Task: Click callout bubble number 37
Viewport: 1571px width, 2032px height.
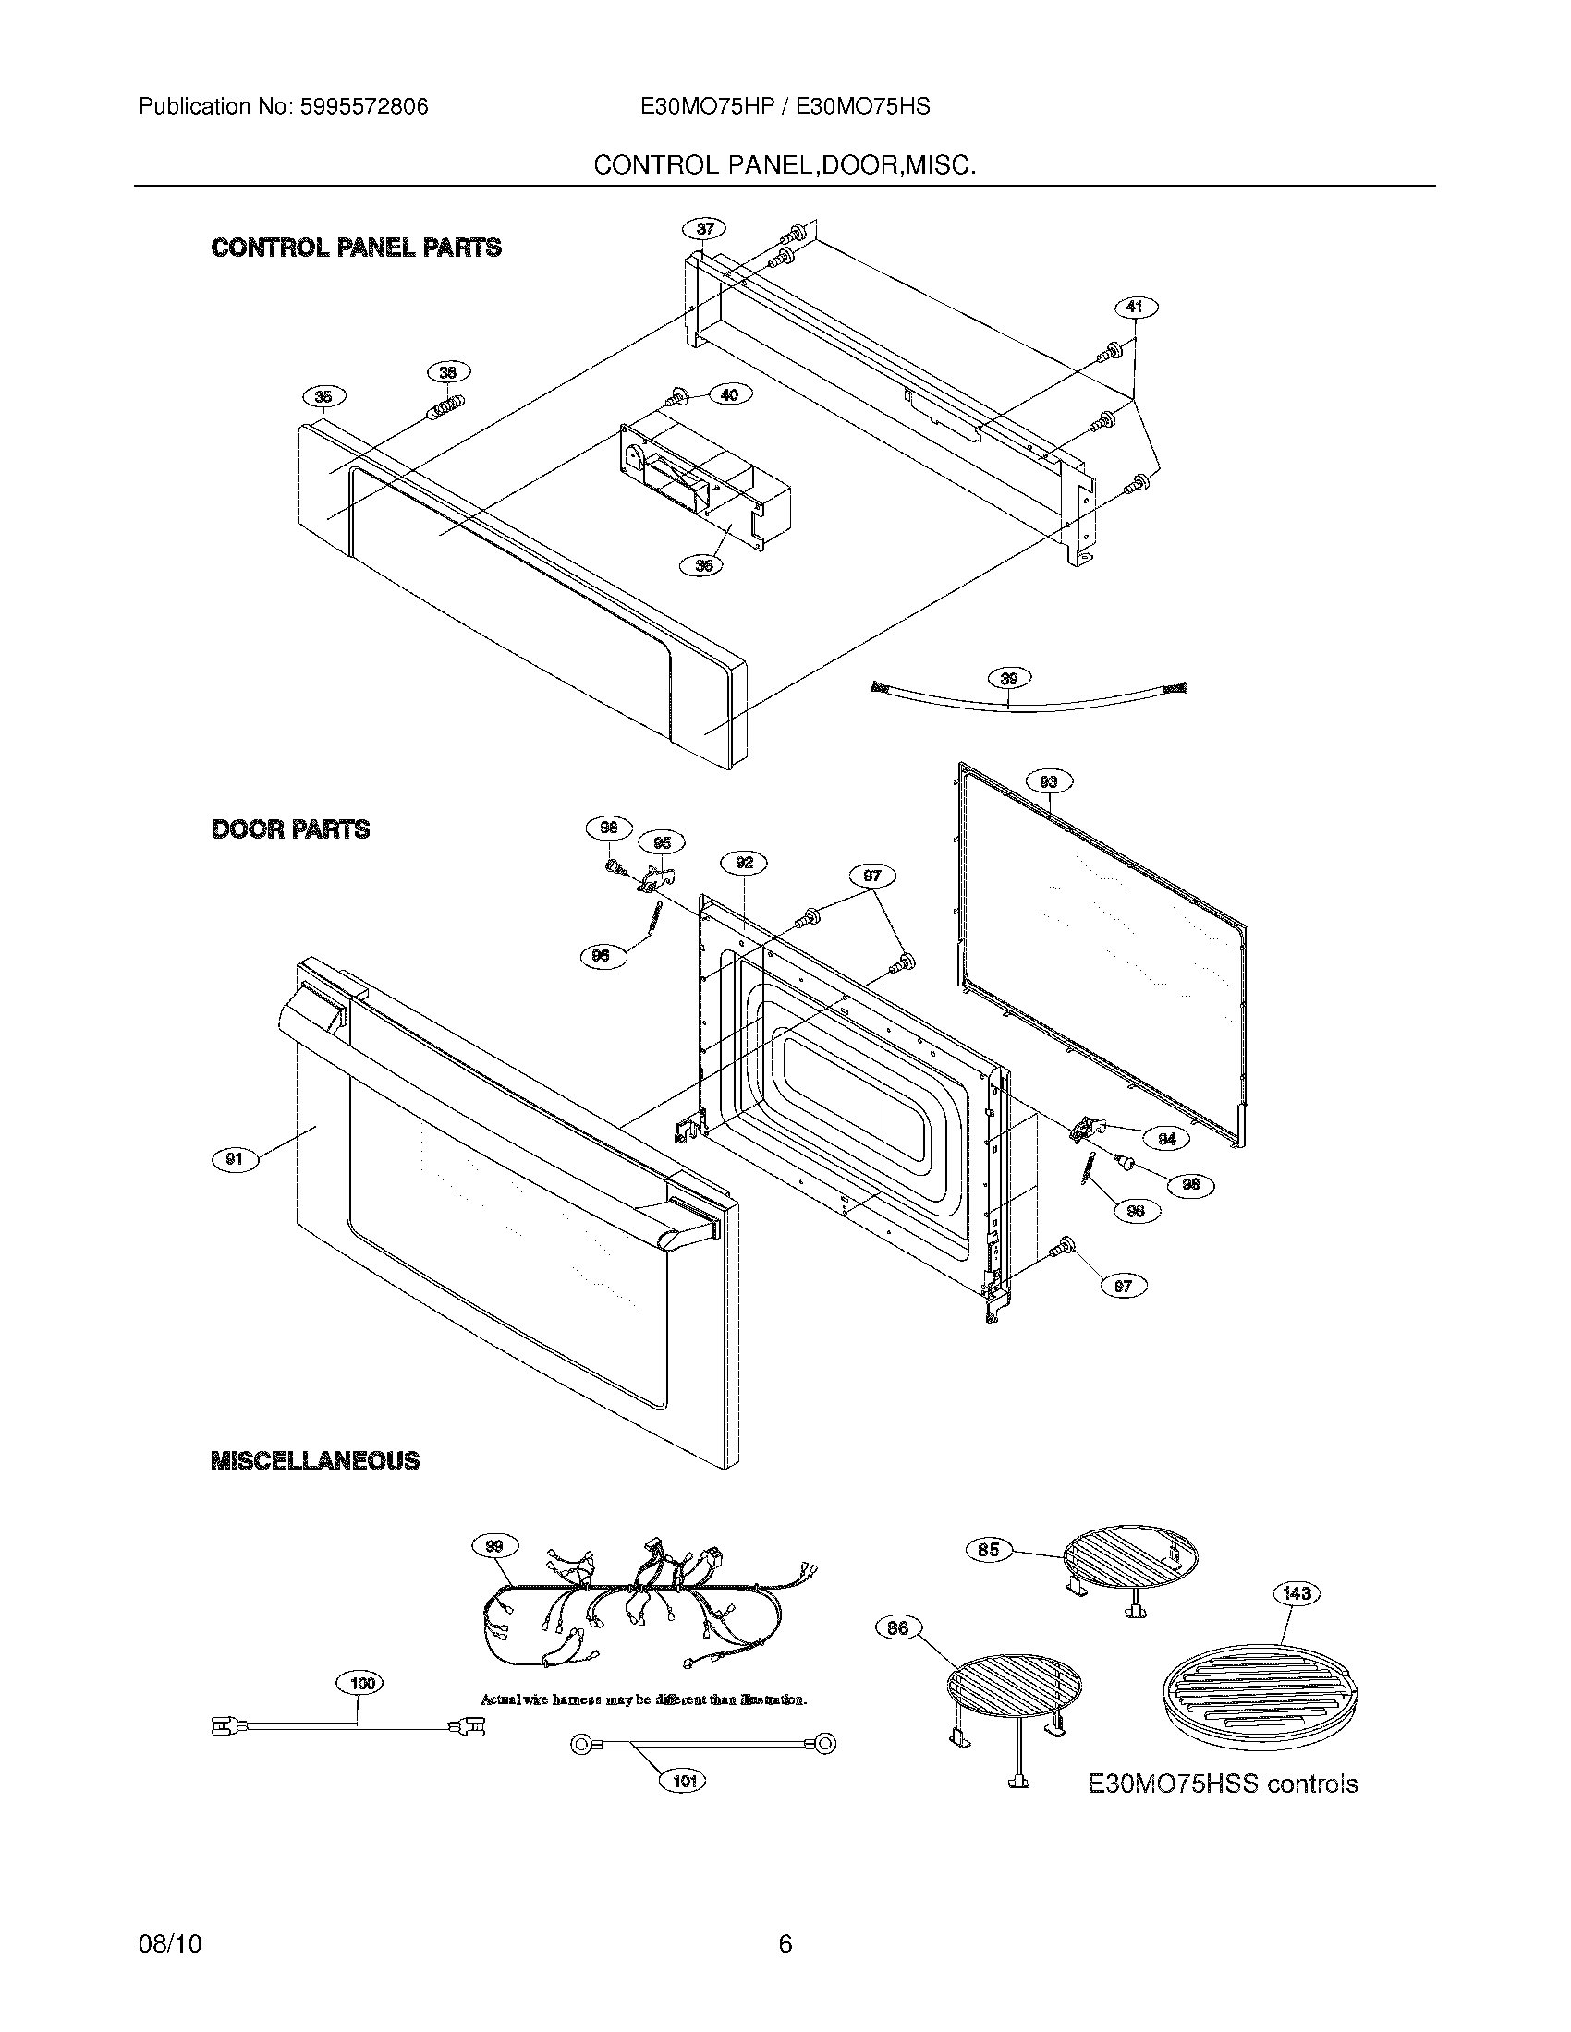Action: pos(704,229)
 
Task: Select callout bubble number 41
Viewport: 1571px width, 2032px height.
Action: pos(1135,306)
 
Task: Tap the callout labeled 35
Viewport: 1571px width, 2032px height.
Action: pos(323,397)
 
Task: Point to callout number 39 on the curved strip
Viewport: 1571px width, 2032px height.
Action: pos(1010,678)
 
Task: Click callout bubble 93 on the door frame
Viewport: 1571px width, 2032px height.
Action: pos(1048,781)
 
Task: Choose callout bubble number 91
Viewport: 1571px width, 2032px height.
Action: pos(234,1159)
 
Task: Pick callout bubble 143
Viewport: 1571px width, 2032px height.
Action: pos(1297,1594)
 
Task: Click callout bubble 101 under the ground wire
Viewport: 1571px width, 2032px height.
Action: pos(683,1782)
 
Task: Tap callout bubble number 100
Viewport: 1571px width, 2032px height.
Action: pos(360,1683)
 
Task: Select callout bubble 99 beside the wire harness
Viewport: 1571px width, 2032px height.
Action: pos(495,1546)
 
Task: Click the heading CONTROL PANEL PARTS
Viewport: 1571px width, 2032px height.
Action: pos(357,248)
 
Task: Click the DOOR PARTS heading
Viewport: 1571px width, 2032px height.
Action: pos(290,829)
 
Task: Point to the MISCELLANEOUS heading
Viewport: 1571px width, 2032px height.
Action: pos(314,1461)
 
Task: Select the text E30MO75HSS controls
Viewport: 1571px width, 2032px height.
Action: pos(1222,1784)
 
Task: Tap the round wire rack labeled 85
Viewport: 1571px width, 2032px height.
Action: pos(1130,1559)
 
